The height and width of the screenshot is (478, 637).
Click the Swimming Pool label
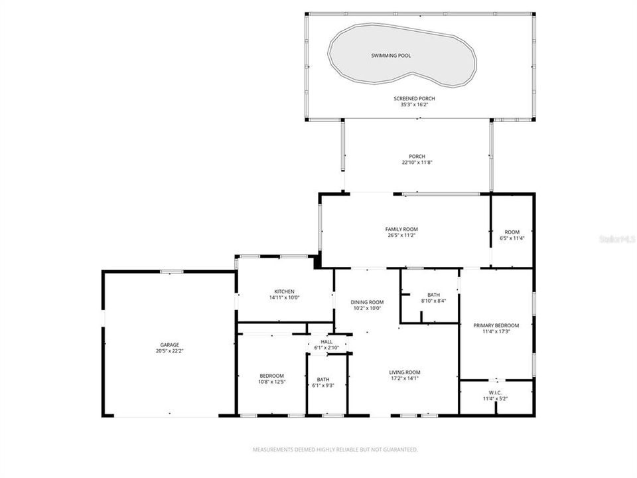pos(390,56)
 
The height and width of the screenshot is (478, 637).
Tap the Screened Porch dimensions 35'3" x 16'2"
pos(418,105)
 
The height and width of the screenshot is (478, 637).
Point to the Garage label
pos(169,345)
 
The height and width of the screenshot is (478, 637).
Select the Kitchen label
pos(284,291)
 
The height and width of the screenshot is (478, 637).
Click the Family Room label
pos(401,229)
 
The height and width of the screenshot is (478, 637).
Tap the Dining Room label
pos(367,302)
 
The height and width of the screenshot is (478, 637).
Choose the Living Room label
pos(404,372)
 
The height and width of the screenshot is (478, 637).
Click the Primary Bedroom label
pos(496,325)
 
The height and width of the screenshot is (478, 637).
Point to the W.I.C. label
pos(496,393)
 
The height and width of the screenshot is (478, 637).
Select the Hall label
pos(326,341)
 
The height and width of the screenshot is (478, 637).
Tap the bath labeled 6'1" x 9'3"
pos(322,379)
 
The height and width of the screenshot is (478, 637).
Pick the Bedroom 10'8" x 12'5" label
pos(271,375)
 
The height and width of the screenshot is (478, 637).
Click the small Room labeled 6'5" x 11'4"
pos(512,232)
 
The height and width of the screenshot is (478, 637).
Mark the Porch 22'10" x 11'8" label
pos(417,157)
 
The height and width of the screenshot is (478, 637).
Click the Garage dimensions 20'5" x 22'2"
pos(169,351)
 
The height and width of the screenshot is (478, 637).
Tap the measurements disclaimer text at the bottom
pos(335,449)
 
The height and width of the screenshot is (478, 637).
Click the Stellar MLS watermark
pos(617,237)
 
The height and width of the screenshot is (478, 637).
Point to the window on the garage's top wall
pos(172,271)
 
